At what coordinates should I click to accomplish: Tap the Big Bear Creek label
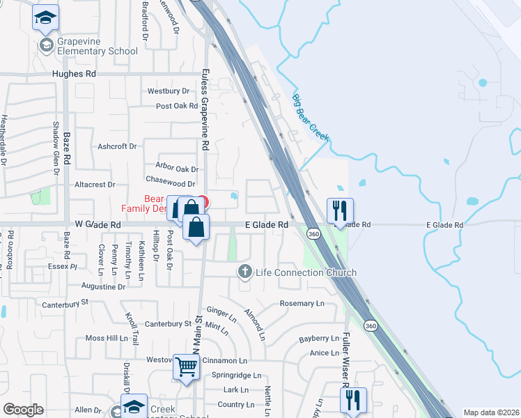pos(310,118)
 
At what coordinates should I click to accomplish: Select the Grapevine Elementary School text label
pos(88,46)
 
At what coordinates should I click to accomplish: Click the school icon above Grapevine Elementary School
pos(46,18)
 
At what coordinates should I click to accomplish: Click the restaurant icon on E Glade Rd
pos(340,210)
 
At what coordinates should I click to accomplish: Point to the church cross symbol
pos(244,271)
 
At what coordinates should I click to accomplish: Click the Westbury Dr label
pos(169,91)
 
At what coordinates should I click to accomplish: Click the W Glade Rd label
pos(98,225)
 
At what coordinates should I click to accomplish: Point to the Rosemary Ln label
pos(302,304)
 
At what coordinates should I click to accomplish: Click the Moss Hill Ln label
pos(104,338)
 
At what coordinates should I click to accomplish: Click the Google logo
pos(23,410)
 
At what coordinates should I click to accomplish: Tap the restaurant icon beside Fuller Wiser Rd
pos(353,400)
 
